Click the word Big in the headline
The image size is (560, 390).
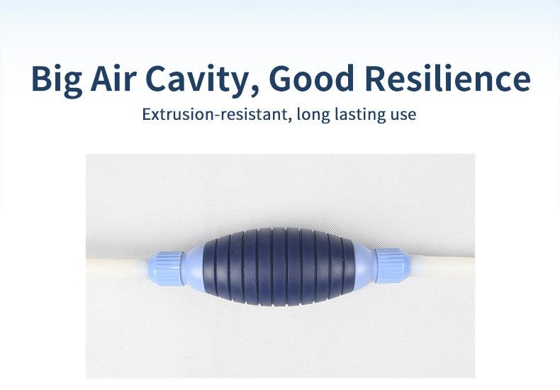[57, 79]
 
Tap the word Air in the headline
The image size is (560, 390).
[113, 77]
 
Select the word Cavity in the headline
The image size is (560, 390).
[197, 80]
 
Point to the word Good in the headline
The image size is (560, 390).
[311, 78]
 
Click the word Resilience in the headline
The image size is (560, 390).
[448, 77]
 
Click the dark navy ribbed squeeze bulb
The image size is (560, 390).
[279, 267]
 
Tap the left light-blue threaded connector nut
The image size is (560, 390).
[166, 268]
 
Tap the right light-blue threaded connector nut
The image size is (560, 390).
[392, 265]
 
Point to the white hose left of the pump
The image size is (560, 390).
[117, 269]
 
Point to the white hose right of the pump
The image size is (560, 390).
[442, 266]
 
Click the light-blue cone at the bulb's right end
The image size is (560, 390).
[364, 265]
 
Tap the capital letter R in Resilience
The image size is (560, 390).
[376, 78]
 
